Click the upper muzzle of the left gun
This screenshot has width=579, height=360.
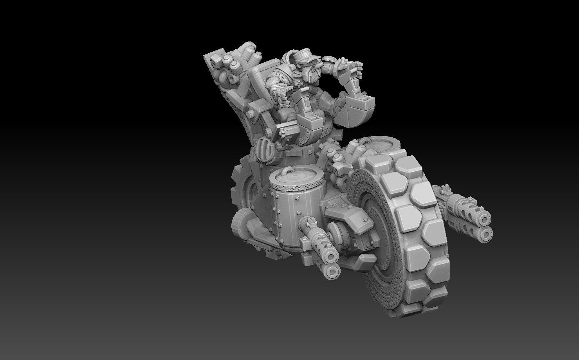332,257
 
